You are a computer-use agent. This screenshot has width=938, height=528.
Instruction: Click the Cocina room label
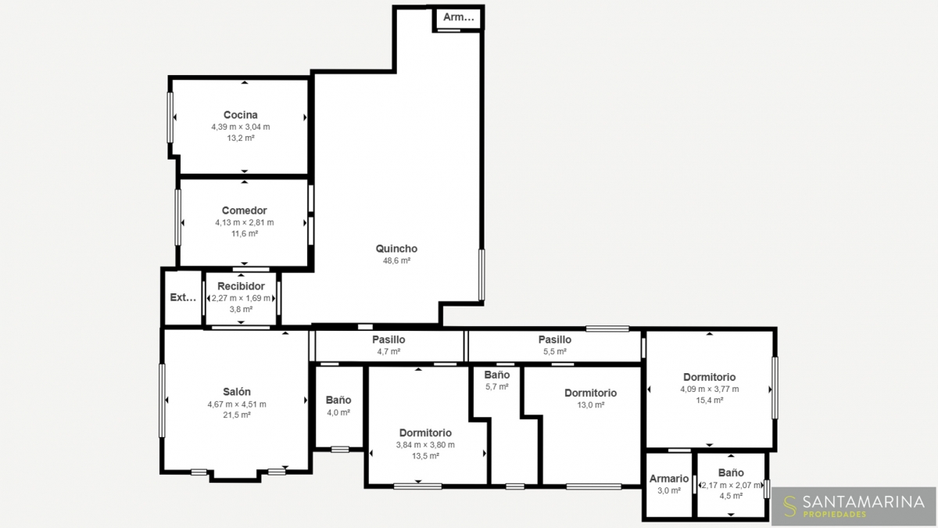(x=241, y=115)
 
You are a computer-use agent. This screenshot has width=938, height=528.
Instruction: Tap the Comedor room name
(x=244, y=210)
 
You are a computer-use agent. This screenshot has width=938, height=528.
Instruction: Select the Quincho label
(x=396, y=249)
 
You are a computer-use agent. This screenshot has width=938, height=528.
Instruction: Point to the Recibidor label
(x=241, y=286)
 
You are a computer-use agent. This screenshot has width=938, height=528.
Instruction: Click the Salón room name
(x=237, y=392)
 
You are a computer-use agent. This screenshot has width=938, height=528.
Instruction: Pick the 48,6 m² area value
(x=396, y=260)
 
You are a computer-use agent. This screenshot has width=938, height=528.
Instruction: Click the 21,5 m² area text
(x=237, y=415)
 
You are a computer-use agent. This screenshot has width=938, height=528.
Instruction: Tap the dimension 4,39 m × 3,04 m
(x=241, y=127)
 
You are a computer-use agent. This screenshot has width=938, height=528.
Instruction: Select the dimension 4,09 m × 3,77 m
(x=710, y=389)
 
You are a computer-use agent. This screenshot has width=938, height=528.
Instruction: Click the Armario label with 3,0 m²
(x=669, y=479)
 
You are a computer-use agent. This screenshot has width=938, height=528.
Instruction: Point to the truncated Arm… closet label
(x=459, y=17)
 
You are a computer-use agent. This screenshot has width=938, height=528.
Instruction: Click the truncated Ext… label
(x=183, y=297)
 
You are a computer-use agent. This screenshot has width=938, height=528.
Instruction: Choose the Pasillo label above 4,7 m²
(x=388, y=339)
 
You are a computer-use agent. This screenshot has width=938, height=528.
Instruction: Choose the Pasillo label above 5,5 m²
(x=554, y=339)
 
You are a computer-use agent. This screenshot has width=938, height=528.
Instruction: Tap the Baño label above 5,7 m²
(x=496, y=375)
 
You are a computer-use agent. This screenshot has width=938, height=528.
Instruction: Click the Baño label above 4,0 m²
(x=338, y=400)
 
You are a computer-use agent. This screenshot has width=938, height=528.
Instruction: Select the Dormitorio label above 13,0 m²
(x=590, y=393)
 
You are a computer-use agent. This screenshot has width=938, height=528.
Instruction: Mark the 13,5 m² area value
(x=425, y=456)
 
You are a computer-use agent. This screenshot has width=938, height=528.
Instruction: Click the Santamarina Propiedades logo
(x=854, y=506)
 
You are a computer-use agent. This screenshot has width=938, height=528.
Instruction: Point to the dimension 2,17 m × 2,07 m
(x=731, y=485)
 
